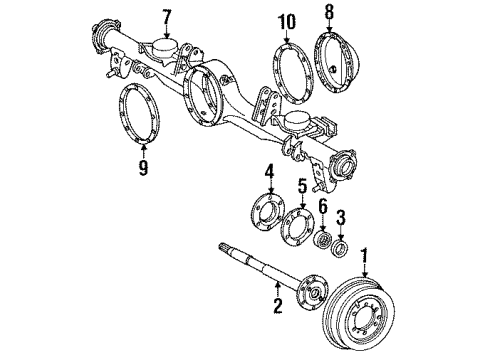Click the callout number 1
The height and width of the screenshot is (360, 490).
coord(365,256)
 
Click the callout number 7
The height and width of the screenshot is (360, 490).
coord(167,17)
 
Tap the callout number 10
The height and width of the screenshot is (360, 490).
coord(287,20)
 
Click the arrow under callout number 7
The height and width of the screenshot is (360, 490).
coord(167,32)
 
